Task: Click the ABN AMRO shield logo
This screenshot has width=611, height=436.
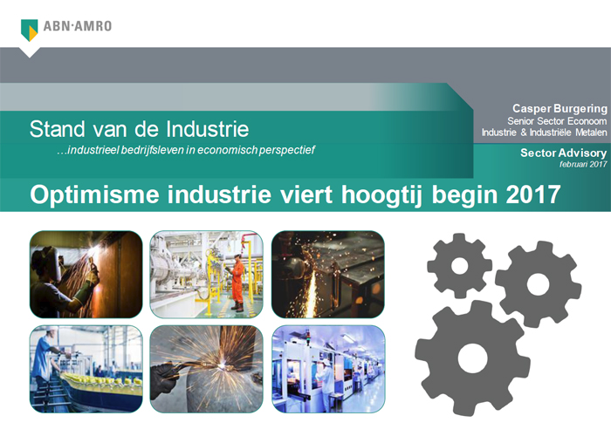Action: (29, 30)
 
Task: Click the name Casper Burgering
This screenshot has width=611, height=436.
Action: (560, 109)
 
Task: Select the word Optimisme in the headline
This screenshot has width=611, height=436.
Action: (94, 194)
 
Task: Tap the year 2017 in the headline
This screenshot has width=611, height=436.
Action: (533, 194)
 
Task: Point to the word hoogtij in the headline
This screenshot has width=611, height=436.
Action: (382, 195)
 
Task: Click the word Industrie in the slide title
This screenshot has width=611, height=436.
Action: (208, 129)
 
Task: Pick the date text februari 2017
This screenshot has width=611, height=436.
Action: (583, 164)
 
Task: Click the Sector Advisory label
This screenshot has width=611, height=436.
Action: (564, 153)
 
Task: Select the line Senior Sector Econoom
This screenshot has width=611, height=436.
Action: (557, 121)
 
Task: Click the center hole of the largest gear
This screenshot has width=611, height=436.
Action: (472, 358)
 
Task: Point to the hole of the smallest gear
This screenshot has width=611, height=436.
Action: (459, 266)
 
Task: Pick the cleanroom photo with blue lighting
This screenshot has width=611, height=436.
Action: (328, 369)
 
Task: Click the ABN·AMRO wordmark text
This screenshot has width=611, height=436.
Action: (77, 26)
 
